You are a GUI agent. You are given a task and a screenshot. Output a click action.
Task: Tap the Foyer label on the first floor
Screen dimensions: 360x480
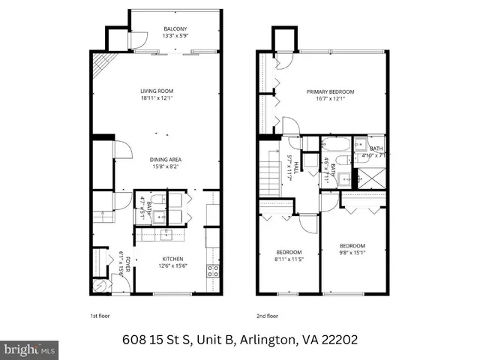click(127, 265)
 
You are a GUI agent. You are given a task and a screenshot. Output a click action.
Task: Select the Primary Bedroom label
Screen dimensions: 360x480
click(330, 91)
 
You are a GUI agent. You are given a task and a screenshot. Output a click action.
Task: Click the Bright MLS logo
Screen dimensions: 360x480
click(30, 349)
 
